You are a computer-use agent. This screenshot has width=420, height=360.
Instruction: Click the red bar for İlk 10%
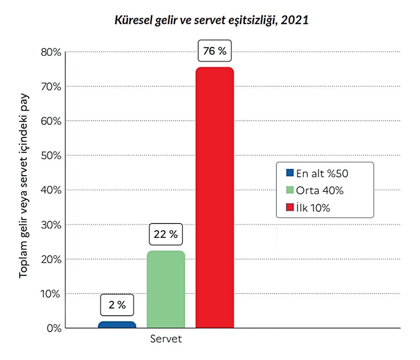pyautogui.click(x=214, y=199)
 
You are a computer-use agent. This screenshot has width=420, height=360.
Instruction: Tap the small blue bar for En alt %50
pyautogui.click(x=117, y=324)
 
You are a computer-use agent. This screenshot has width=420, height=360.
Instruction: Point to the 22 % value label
pyautogui.click(x=166, y=235)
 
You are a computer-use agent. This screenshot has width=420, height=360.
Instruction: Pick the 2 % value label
pyautogui.click(x=117, y=304)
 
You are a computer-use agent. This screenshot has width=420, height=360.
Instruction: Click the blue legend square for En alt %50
pyautogui.click(x=290, y=173)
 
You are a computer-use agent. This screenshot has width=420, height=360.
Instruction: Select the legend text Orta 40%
pyautogui.click(x=320, y=190)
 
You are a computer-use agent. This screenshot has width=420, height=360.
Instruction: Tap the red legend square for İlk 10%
pyautogui.click(x=290, y=207)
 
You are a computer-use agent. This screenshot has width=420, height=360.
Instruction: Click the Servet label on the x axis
pyautogui.click(x=166, y=339)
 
